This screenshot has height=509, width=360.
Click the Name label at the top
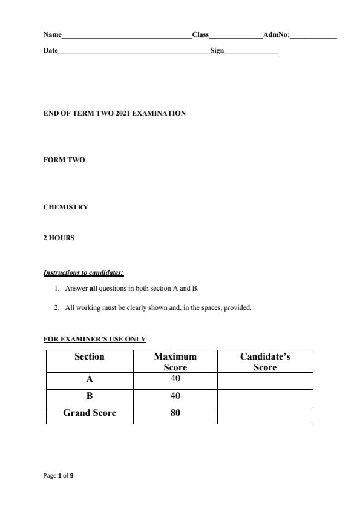(x=53, y=36)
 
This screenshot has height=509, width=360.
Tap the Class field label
(x=200, y=36)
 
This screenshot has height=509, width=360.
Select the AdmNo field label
(x=277, y=36)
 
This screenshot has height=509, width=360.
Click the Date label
(x=50, y=51)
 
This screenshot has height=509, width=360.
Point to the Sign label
(x=217, y=51)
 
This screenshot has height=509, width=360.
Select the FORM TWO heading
(x=64, y=160)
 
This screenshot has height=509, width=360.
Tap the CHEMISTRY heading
(x=65, y=207)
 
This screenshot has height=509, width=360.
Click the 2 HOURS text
(x=59, y=238)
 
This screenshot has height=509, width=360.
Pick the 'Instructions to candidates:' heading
(x=83, y=273)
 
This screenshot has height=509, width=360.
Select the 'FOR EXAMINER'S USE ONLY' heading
(x=94, y=339)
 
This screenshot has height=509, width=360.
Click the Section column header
(x=89, y=356)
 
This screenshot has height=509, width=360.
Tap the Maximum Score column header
(x=175, y=361)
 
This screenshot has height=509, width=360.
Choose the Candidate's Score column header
(x=264, y=361)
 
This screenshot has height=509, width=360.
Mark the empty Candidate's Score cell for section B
(x=264, y=397)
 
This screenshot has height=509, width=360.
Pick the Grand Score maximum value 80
(x=175, y=415)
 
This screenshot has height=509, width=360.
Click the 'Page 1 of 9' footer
(x=59, y=476)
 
